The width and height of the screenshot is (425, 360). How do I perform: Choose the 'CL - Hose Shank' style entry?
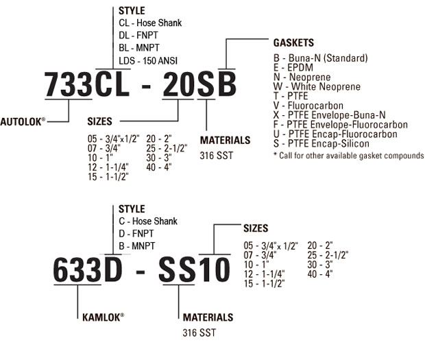[150, 23]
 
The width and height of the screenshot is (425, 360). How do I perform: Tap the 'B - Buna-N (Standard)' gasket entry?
[320, 58]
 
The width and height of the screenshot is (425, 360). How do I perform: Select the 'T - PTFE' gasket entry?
[291, 96]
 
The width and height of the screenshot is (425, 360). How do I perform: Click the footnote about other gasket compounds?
[348, 156]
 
